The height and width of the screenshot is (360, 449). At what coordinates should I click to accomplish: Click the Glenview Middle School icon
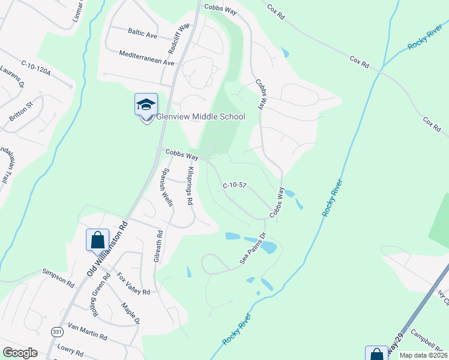(x=146, y=106)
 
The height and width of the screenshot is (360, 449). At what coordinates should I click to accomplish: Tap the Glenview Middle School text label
(x=200, y=116)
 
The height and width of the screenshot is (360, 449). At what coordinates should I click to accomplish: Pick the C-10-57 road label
(x=235, y=186)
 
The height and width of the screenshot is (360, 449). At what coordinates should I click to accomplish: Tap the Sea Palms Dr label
(x=252, y=248)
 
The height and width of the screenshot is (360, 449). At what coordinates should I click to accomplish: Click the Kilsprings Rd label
(x=190, y=188)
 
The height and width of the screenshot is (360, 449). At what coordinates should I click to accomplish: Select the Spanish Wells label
(x=166, y=186)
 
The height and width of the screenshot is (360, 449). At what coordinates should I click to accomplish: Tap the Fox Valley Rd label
(x=133, y=284)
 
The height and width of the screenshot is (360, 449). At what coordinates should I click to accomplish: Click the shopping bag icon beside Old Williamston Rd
(x=97, y=241)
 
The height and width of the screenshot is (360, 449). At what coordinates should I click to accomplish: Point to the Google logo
(x=20, y=353)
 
